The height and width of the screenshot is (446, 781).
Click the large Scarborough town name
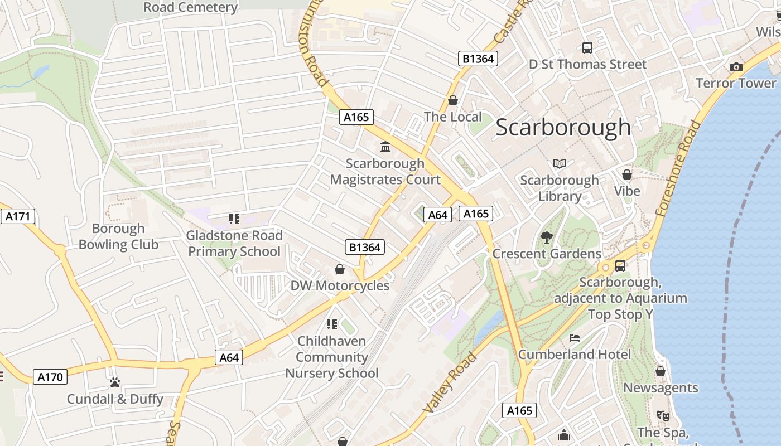(x=563, y=128)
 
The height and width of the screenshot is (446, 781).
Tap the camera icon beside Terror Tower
(x=736, y=67)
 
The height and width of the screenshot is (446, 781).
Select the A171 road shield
(x=17, y=216)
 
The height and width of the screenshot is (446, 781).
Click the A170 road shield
(x=50, y=377)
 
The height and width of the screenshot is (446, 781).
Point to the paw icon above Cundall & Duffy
(x=115, y=382)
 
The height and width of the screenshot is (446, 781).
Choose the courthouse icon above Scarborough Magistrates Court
(x=385, y=147)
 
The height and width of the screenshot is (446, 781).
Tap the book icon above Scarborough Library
(x=560, y=163)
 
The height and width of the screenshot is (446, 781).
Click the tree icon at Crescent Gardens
(x=547, y=237)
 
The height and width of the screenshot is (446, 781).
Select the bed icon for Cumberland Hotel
(x=575, y=338)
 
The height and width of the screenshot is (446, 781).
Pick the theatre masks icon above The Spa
(x=663, y=415)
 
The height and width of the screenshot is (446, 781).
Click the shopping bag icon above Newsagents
(x=661, y=371)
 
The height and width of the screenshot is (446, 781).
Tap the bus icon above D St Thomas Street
(x=587, y=48)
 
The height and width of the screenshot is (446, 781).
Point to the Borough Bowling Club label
(x=118, y=236)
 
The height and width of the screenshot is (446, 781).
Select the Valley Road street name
(x=450, y=382)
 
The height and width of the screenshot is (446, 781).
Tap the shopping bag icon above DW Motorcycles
(x=339, y=270)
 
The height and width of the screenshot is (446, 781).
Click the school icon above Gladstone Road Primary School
(x=234, y=219)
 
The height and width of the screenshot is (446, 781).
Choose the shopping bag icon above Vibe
(x=627, y=174)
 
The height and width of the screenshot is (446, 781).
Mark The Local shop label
(x=452, y=117)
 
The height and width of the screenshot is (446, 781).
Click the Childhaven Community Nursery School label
(x=332, y=357)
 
